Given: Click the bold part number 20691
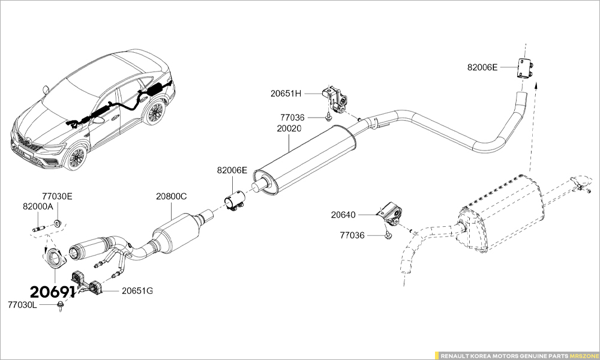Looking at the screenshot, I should point(53,292).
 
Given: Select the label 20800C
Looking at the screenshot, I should point(172,196).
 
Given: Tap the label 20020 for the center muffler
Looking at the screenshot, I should point(289,128).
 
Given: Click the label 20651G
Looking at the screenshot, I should point(137,291).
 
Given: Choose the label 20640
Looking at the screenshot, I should point(343,214).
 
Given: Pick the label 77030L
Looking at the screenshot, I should point(23,305).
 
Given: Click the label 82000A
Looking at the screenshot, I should point(38,206).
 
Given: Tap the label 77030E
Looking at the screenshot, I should point(57,196).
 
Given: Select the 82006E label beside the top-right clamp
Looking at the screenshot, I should point(482,67).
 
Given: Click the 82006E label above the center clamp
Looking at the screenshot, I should point(232,170).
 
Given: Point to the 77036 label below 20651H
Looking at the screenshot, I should point(292,118).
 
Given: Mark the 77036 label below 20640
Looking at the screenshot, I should point(352,235).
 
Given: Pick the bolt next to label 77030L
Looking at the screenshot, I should point(61,307).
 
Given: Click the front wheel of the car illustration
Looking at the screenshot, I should point(77,157).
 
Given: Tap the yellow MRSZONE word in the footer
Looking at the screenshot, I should point(583,355).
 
